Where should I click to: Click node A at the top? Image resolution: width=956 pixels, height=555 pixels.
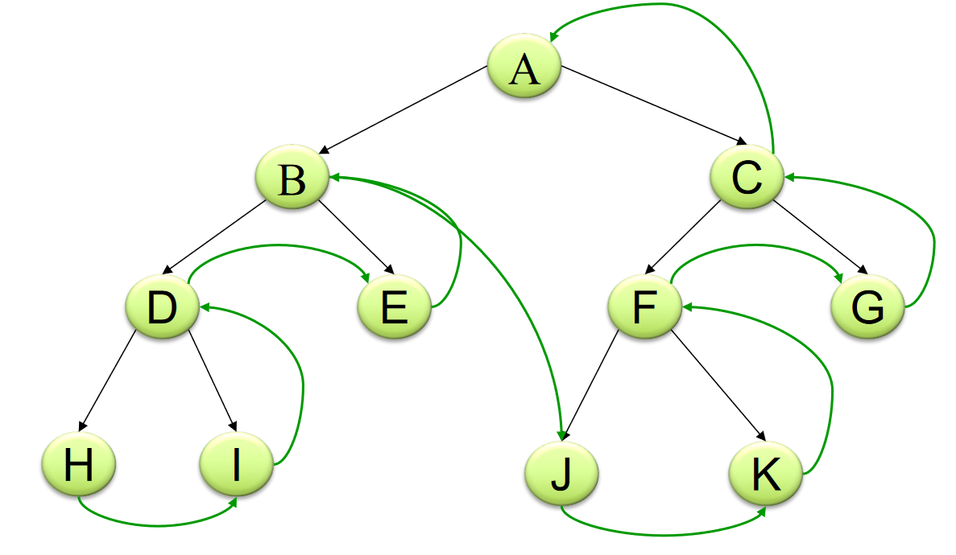point(524,69)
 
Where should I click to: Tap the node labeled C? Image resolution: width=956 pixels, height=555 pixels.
point(747,179)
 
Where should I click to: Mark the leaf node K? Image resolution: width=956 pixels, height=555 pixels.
point(765,475)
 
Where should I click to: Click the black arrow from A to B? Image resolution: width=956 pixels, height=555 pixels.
point(403,109)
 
